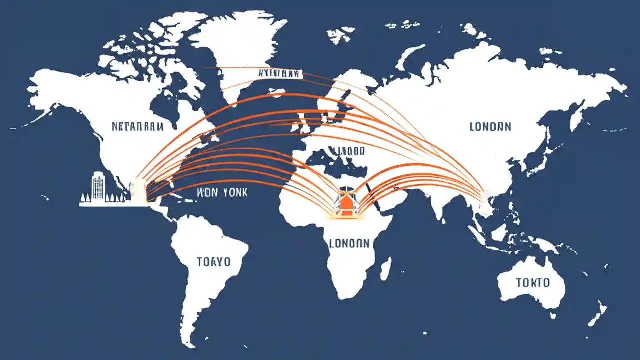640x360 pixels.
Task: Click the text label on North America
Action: coord(138,127)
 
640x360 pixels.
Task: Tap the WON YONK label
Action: coord(222,192)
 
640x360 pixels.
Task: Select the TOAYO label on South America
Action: coord(213,261)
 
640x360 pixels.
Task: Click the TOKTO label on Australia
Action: coord(533,283)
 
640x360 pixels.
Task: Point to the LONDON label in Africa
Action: coord(349,243)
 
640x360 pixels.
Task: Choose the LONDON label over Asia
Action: coord(490,127)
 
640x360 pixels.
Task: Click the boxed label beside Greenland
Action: coord(280,74)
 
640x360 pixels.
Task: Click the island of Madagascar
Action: coord(385,268)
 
